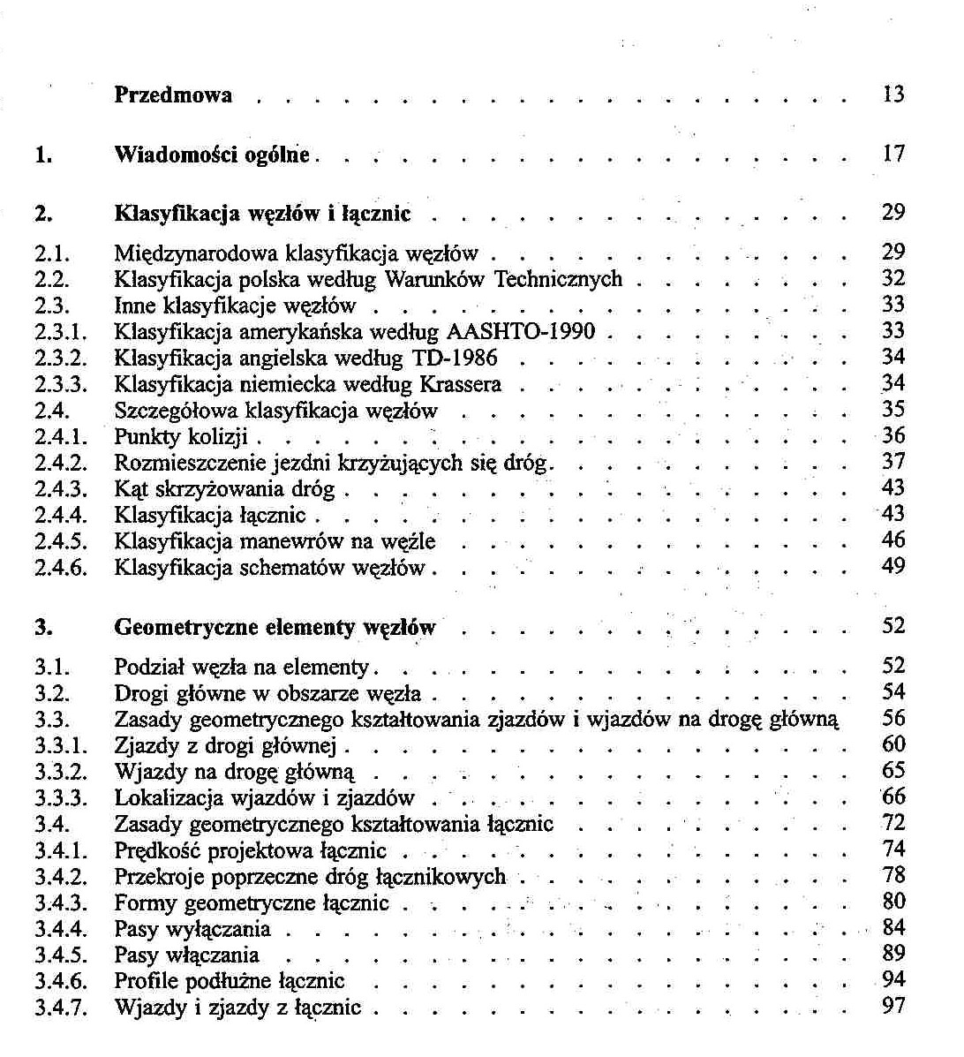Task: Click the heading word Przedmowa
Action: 173,95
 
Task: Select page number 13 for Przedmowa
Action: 893,94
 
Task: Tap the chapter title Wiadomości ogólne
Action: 213,155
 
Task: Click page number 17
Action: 893,155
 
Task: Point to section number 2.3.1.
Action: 61,332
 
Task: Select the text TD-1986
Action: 455,359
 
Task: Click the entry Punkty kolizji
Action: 181,437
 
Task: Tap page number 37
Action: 893,461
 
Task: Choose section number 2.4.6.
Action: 61,568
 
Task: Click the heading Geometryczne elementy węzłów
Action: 275,628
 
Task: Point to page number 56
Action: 893,719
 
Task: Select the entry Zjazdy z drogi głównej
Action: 226,746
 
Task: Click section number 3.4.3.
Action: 61,903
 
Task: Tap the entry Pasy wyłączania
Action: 192,930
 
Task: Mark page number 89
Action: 893,954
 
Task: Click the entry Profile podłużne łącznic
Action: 230,981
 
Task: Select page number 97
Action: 893,1006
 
